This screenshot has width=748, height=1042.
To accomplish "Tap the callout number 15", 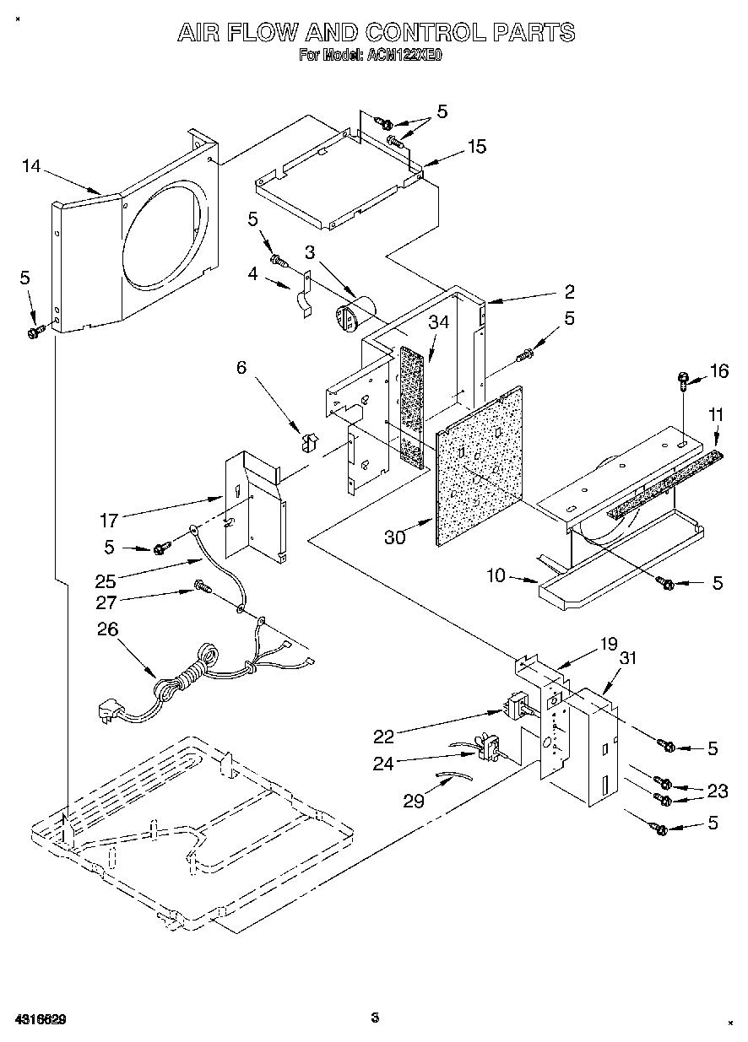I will [476, 147].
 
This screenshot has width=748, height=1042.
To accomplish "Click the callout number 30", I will [396, 536].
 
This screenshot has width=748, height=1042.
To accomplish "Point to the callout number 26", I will [108, 629].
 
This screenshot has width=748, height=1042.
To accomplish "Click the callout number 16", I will [718, 371].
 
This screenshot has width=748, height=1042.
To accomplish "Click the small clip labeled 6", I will [307, 441].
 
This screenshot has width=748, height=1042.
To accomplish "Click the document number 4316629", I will [40, 1019].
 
